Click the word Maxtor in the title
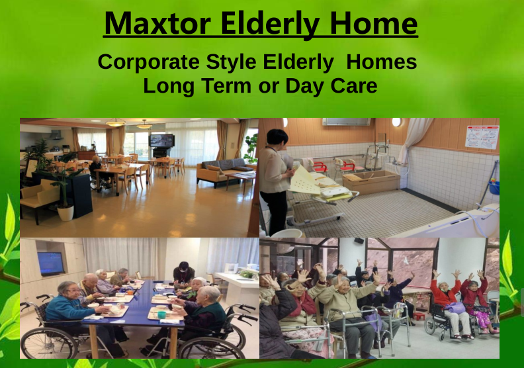[x=157, y=23]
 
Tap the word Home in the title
[x=374, y=23]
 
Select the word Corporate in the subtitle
[x=149, y=62]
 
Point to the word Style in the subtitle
[x=231, y=62]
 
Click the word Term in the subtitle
[x=226, y=85]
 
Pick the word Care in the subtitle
[x=354, y=85]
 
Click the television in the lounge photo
[x=161, y=140]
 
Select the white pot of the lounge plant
[x=65, y=212]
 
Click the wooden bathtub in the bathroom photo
[x=371, y=181]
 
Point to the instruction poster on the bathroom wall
[x=482, y=137]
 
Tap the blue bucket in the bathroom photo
[x=494, y=187]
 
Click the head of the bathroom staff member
[x=277, y=138]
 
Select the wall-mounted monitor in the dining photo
[x=50, y=263]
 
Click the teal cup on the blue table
[x=161, y=314]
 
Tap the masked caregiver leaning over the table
[x=183, y=274]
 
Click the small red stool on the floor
[x=418, y=316]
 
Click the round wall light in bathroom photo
[x=396, y=122]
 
